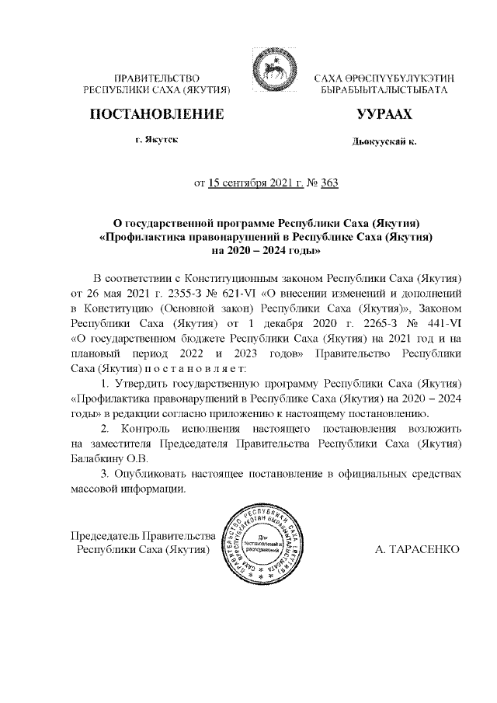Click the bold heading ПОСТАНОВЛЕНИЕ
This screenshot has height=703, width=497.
[158, 114]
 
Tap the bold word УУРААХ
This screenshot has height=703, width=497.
[384, 114]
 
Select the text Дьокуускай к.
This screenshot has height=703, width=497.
[384, 143]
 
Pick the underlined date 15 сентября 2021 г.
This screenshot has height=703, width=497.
[252, 184]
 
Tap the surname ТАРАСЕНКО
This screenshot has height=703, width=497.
[417, 548]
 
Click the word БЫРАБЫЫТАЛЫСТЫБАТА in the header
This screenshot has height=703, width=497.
[384, 91]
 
